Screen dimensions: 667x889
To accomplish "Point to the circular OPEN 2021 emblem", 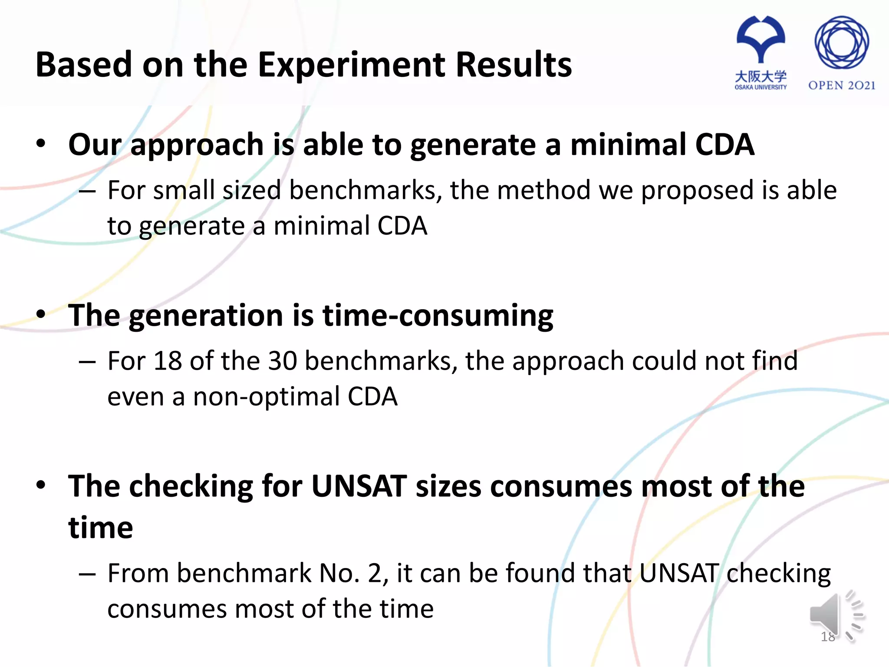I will pyautogui.click(x=841, y=43).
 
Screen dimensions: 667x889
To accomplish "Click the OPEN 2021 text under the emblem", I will pyautogui.click(x=841, y=86).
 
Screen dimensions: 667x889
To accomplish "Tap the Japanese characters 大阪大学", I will pyautogui.click(x=761, y=76).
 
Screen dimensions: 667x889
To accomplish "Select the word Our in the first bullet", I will pyautogui.click(x=95, y=145).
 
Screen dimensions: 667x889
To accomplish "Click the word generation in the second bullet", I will pyautogui.click(x=206, y=316).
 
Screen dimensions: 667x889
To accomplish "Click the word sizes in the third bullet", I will pyautogui.click(x=448, y=486).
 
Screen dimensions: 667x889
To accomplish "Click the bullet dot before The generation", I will pyautogui.click(x=41, y=314).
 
